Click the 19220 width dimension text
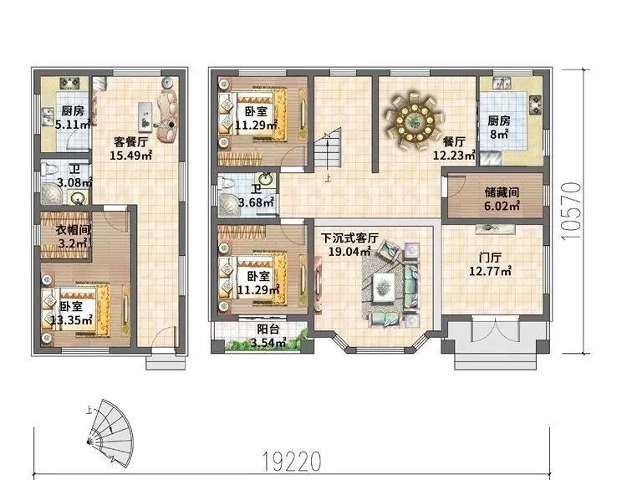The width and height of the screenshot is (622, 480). tap(292, 461)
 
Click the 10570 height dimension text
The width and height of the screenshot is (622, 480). tap(571, 211)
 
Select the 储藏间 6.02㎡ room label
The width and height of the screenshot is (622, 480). tap(502, 199)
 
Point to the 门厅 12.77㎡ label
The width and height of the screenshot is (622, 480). tap(490, 264)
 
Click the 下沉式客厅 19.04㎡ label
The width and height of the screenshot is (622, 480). tap(349, 245)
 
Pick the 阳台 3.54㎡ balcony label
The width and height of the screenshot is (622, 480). tap(268, 335)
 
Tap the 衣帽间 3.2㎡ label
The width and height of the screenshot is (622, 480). tap(73, 236)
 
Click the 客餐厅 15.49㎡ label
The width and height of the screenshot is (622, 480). tap(131, 148)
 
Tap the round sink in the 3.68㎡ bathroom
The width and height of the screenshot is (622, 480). tap(268, 179)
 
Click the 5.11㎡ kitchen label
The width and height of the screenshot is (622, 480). tap(73, 118)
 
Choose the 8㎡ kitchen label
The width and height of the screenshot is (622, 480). tap(499, 127)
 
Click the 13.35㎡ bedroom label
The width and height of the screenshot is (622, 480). tap(71, 313)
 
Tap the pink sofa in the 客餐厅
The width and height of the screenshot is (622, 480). tap(167, 116)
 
